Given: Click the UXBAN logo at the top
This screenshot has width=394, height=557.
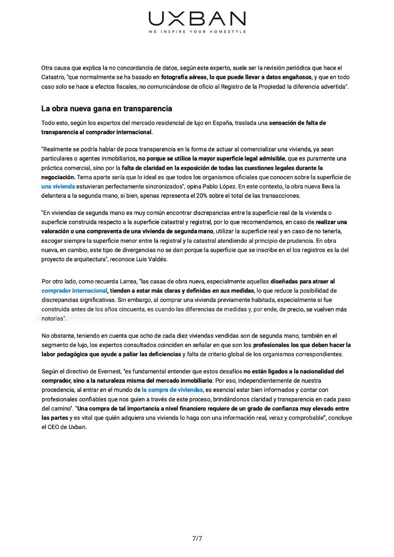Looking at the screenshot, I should coord(197,19).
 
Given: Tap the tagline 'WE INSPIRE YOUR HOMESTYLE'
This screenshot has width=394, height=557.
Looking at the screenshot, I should coord(197,32).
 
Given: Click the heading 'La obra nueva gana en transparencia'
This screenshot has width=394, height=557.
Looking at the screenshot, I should coord(106,109).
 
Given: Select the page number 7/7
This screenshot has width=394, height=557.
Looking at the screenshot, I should coord(197,538).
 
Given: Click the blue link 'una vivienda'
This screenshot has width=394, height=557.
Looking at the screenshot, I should coord(58,186).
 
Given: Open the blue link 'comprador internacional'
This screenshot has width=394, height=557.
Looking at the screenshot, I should coord(74,290).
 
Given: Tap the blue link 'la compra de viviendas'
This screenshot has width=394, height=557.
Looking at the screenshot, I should coord(172,390).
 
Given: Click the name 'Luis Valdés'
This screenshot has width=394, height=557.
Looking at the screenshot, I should coord(152,259).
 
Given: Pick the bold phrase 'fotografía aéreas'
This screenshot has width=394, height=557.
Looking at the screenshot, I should coord(184,77).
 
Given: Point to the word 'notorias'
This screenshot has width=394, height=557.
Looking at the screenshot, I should coord(53,318).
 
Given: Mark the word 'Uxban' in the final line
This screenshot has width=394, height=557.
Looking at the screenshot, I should coord(78,427).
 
